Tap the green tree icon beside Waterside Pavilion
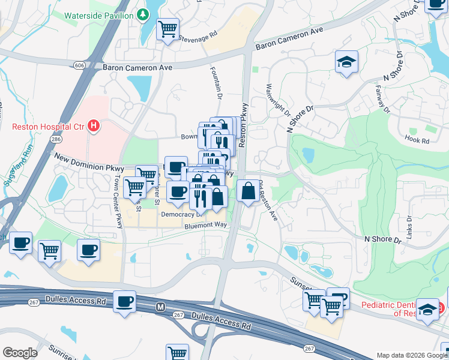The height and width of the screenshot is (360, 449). point(143,14)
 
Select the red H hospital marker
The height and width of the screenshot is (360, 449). point(93,126)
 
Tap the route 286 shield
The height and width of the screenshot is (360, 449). point(55,139)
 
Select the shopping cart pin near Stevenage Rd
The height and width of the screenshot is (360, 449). point(168,28)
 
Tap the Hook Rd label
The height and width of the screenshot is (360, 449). point(417,141)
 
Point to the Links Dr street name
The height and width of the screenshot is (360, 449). point(409,227)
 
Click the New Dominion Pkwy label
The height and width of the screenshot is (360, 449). point(89,163)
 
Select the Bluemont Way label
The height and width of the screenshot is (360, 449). point(205,225)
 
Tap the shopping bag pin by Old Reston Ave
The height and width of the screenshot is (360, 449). point(248,191)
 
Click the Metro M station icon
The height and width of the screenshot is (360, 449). point(160,307)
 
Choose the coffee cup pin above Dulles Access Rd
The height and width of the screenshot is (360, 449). point(124,301)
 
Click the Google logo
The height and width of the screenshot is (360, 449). point(20,353)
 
